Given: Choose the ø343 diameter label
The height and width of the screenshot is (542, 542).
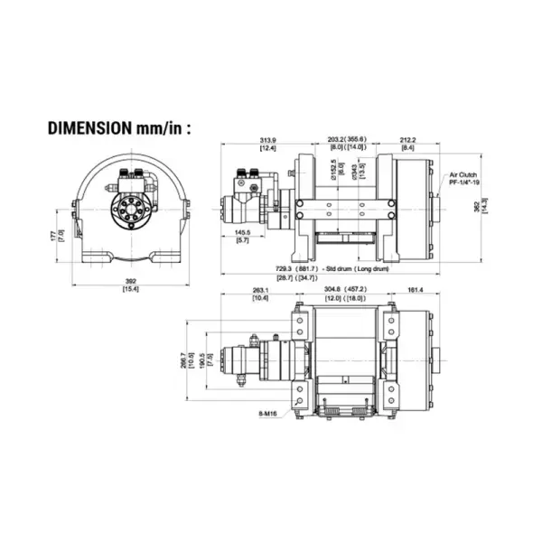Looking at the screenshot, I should click(x=353, y=170).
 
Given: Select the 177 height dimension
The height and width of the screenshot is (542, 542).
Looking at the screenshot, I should click(x=60, y=236).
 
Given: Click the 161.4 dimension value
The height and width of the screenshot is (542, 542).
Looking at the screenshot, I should click(x=416, y=290).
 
